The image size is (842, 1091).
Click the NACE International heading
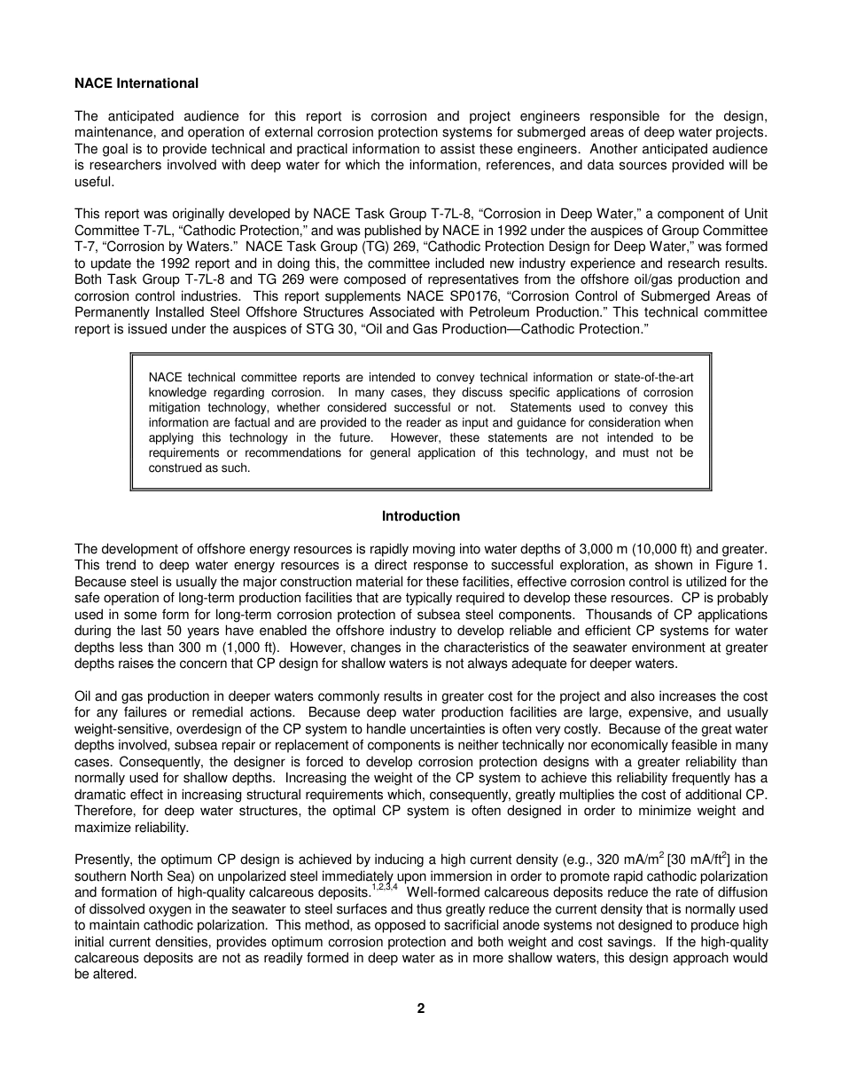136,83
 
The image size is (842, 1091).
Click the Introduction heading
421,516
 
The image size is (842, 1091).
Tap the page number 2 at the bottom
421,1009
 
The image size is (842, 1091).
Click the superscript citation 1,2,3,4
383,871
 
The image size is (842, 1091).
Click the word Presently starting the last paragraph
105,859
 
